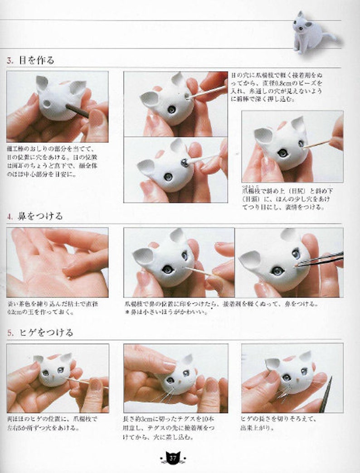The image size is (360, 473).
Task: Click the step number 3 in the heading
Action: [10, 60]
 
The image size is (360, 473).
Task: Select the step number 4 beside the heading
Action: [10, 216]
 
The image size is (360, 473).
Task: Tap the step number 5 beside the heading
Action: [10, 333]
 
